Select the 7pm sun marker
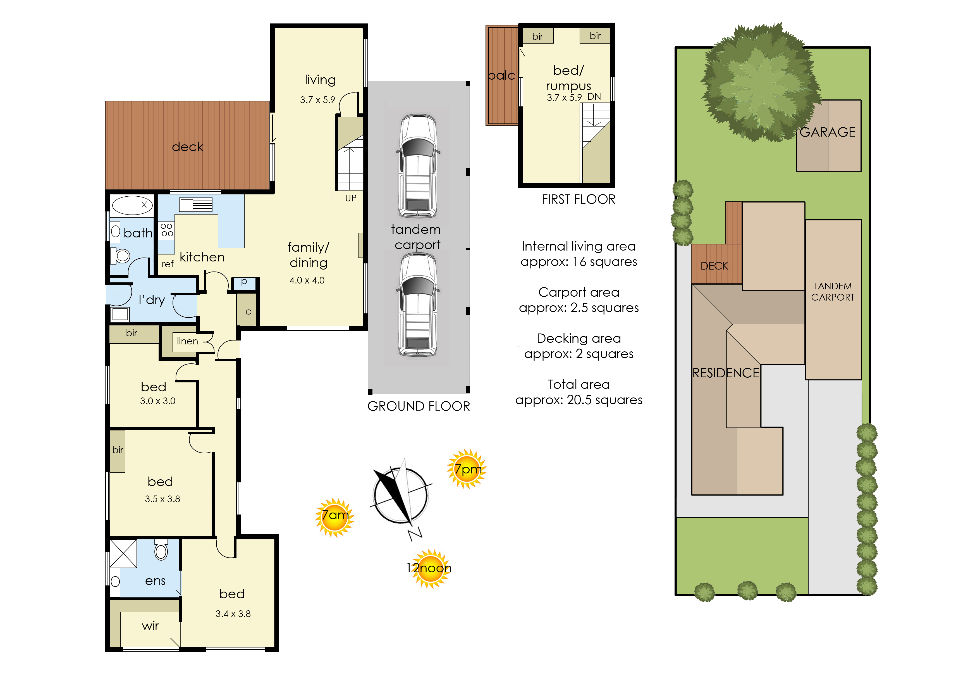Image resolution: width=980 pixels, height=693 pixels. pyautogui.click(x=467, y=469)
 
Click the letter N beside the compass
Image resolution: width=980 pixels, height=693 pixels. pyautogui.click(x=415, y=534)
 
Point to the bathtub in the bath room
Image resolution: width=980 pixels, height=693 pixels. pyautogui.click(x=132, y=205)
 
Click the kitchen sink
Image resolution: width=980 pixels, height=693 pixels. pyautogui.click(x=195, y=205)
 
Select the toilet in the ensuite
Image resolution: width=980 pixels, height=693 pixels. pyautogui.click(x=161, y=549)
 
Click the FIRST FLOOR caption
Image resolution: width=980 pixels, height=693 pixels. pyautogui.click(x=578, y=199)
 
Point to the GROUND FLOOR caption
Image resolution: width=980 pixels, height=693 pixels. pyautogui.click(x=418, y=406)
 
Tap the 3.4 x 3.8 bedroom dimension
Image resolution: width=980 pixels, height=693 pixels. pyautogui.click(x=233, y=614)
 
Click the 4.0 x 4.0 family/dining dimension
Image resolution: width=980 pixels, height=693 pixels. pyautogui.click(x=307, y=280)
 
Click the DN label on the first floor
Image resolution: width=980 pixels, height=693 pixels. pyautogui.click(x=594, y=96)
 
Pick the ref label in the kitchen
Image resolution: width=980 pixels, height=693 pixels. pyautogui.click(x=167, y=264)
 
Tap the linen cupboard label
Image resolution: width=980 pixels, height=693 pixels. pyautogui.click(x=187, y=341)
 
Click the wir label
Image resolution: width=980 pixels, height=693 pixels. pyautogui.click(x=150, y=626)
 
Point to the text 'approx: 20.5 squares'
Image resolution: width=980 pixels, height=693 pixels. pyautogui.click(x=579, y=400)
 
